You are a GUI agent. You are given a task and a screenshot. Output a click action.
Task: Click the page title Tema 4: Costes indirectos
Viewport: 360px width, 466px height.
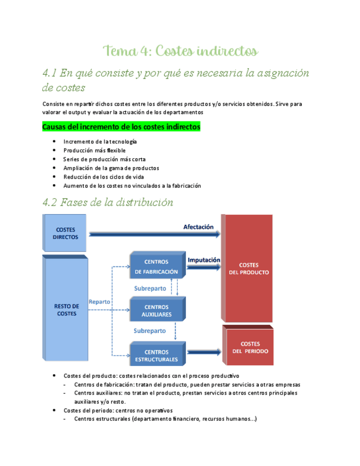point(180,52)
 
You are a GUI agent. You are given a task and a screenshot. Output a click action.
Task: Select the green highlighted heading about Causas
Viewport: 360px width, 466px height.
point(121,127)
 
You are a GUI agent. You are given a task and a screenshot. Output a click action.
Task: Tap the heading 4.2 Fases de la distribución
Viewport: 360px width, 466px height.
point(108,202)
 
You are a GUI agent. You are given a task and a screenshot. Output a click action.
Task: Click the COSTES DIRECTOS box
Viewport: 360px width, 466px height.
point(65,232)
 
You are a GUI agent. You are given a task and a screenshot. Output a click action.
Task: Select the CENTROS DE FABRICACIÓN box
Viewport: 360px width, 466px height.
point(156,267)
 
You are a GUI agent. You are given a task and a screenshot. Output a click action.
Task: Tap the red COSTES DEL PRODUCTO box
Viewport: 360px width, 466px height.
point(248,268)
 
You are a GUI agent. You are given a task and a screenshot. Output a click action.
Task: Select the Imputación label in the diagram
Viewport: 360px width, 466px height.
point(204,260)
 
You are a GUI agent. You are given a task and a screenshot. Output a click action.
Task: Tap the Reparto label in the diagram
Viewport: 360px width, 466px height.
point(99,302)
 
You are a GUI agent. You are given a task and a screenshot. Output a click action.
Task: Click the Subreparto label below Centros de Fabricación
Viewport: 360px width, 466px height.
point(149,288)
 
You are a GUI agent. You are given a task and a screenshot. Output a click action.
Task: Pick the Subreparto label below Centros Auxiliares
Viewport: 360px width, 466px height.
point(149,331)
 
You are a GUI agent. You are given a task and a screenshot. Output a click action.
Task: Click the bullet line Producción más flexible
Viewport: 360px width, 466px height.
point(94,150)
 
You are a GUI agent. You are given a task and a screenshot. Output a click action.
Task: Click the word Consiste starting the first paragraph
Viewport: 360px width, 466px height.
point(53,103)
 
